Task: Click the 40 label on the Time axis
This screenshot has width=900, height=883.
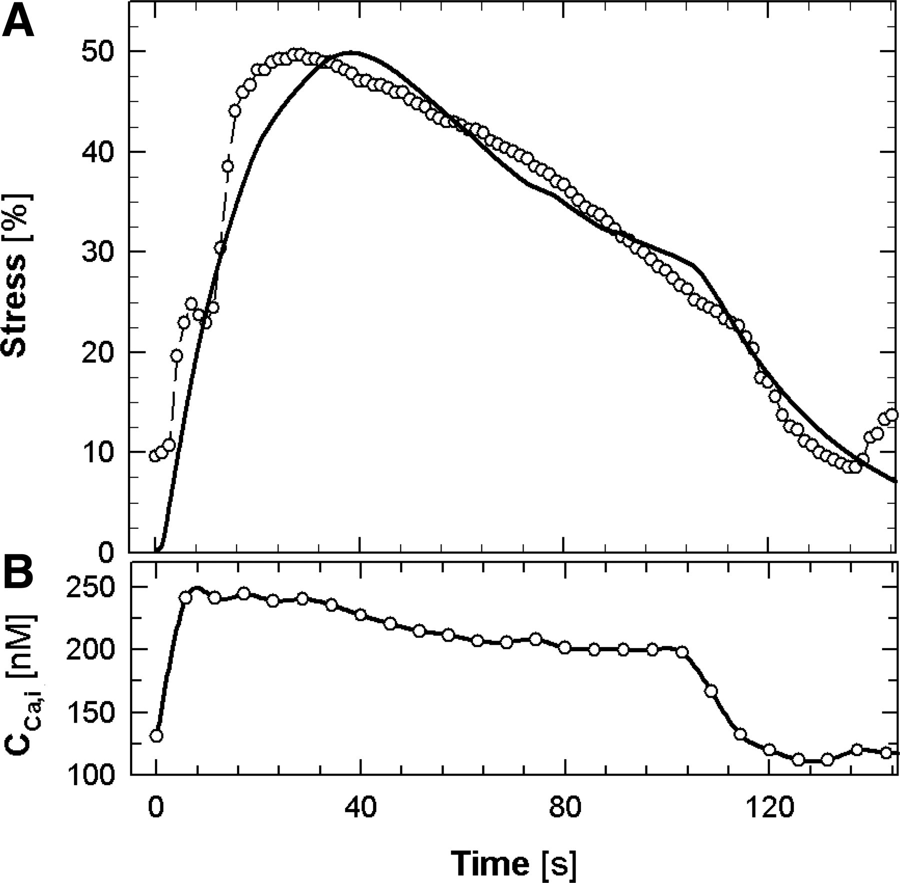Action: click(x=359, y=809)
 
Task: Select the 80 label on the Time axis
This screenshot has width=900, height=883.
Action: click(x=563, y=809)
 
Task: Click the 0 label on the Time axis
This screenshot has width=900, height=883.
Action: click(x=156, y=809)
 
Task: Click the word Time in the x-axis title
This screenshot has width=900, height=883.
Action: click(x=490, y=862)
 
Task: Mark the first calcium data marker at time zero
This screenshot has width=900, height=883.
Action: click(x=156, y=736)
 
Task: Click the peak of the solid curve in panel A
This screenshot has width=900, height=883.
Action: click(x=351, y=52)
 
